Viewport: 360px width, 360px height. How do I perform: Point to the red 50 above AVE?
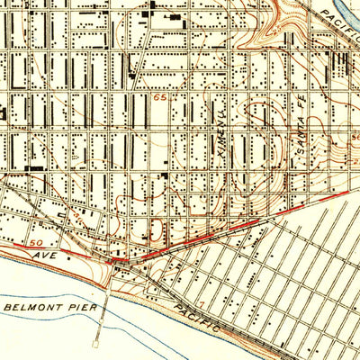[37, 243]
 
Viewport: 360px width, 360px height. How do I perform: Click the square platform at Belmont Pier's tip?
[97, 343]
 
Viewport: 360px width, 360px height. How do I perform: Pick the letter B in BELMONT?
[7, 307]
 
